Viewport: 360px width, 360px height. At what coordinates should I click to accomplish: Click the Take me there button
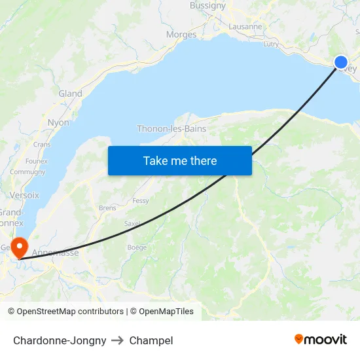click(180, 160)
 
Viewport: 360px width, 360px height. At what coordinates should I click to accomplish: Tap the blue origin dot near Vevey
click(341, 62)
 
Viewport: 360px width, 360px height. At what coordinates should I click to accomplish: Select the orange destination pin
click(20, 247)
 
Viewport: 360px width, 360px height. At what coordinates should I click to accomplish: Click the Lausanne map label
click(245, 27)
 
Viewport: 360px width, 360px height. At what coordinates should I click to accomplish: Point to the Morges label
click(181, 35)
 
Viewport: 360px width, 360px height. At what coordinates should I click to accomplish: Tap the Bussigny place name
click(207, 6)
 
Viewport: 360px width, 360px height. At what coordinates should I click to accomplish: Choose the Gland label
click(70, 94)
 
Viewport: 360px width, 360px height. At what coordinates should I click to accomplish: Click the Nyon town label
click(58, 122)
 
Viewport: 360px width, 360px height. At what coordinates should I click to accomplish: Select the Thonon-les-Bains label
click(171, 129)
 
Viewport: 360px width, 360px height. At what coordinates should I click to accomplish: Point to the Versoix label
click(25, 195)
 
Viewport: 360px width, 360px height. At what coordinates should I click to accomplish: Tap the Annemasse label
click(55, 252)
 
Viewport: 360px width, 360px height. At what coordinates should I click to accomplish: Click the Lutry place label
click(270, 45)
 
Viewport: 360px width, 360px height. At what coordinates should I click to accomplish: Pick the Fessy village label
click(141, 201)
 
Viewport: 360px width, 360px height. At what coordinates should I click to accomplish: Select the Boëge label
click(137, 247)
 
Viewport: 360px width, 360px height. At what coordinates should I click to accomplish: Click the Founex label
click(36, 161)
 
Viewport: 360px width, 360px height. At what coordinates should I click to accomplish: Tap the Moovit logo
click(321, 340)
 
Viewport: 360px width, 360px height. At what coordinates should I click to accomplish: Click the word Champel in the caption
click(151, 340)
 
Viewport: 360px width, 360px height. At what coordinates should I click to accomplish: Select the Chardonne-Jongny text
click(60, 340)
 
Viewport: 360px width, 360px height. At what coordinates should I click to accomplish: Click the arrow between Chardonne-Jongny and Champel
click(118, 340)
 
